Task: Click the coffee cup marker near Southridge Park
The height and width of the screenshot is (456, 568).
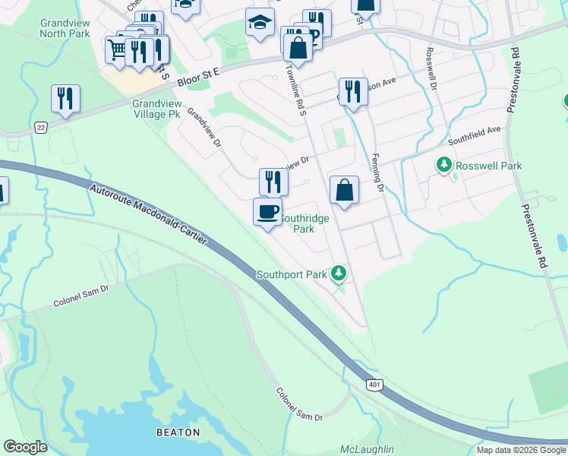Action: pos(267,212)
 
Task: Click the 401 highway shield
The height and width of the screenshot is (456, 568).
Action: pos(374,385)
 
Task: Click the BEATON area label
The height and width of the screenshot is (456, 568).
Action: pos(178,432)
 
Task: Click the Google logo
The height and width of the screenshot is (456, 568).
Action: pos(26,447)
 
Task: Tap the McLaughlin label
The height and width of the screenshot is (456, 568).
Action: pos(367,450)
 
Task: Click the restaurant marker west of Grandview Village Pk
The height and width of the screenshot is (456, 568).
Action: pos(66,99)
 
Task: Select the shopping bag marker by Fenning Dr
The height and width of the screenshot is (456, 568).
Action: pos(345,190)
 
